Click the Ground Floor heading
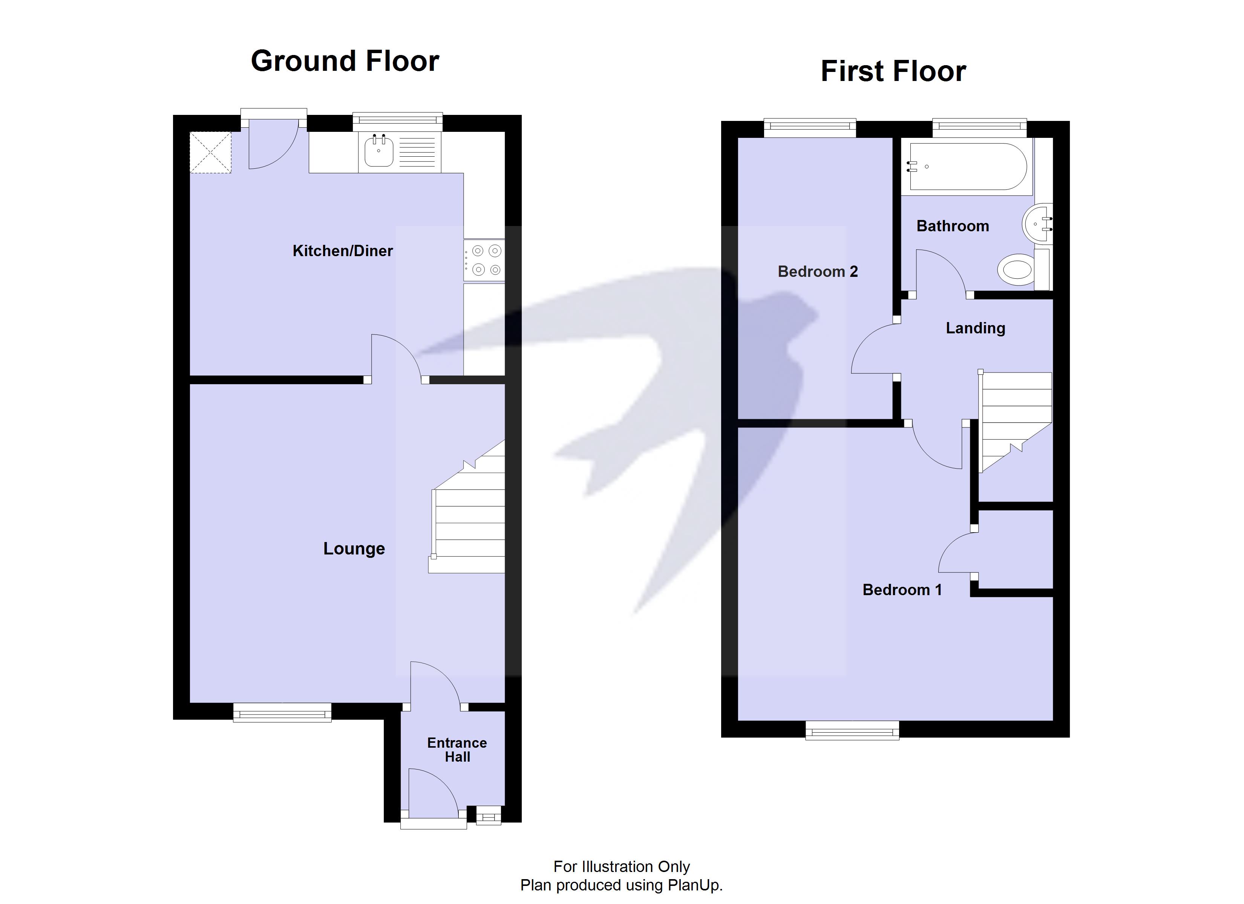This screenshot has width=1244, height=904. tap(345, 61)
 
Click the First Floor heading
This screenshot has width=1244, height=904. tap(893, 71)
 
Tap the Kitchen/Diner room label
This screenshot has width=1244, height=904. tap(342, 251)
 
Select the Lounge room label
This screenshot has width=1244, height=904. tap(354, 549)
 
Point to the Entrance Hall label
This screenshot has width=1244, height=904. tap(457, 750)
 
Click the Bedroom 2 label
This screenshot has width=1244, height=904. tap(817, 271)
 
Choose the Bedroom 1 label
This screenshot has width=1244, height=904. tap(902, 590)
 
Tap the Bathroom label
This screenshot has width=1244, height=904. tap(952, 226)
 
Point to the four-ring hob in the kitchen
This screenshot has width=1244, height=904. tap(484, 260)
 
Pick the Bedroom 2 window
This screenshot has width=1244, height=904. tap(810, 128)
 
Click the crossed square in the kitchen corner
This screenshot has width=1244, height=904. tap(211, 153)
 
